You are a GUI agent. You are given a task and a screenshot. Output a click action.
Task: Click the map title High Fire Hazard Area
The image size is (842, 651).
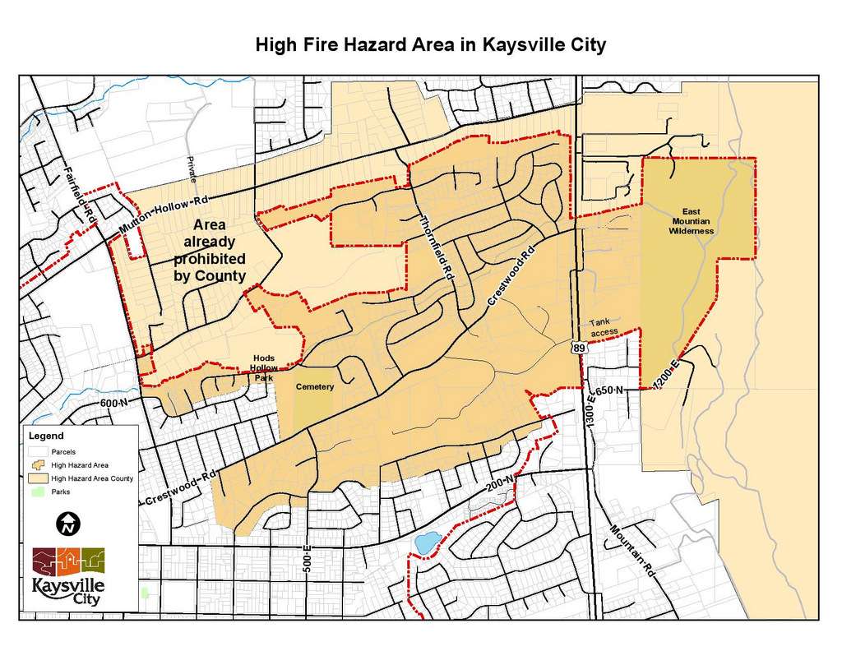coord(430,44)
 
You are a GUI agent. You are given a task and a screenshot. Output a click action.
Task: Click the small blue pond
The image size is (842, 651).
coord(425,543)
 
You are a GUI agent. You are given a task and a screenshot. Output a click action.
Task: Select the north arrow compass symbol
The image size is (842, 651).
coord(67,522)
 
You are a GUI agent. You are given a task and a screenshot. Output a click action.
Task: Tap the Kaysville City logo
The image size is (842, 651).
coord(68,575)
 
